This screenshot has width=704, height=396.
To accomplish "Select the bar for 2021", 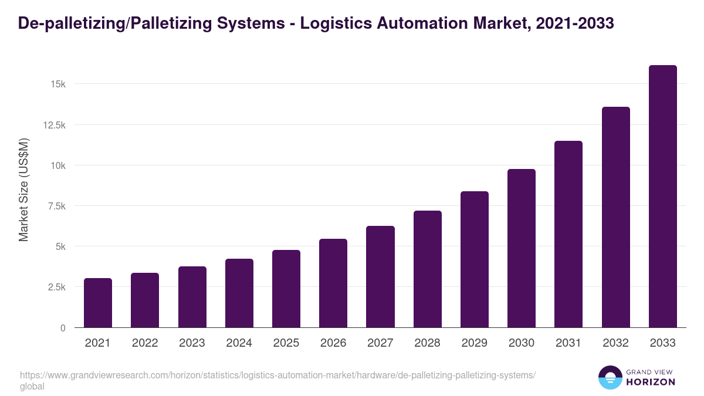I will coord(98,303).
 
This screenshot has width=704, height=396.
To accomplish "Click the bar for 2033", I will coord(662,197).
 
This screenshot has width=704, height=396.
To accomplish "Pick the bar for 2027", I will coord(380,277).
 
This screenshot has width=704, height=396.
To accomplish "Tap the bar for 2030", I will coord(522,248).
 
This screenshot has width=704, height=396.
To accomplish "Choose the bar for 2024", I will coord(239,293).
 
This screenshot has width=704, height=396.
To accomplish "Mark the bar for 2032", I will coord(615,217).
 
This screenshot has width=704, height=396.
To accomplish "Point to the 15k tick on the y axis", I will coord(57,84).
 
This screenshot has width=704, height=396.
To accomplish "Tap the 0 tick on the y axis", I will coord(62,328).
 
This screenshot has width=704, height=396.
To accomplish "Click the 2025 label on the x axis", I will coord(286,343).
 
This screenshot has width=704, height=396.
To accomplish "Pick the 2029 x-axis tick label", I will coord(474,343).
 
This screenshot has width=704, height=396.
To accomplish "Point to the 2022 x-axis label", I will coord(145,343).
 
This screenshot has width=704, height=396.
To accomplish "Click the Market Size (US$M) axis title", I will coord(23,189).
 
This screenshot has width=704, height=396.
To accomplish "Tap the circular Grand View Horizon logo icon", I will coord(610,377).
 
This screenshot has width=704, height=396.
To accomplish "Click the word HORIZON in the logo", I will coord(651,382).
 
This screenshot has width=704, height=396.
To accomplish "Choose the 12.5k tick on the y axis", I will coord(53,125).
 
